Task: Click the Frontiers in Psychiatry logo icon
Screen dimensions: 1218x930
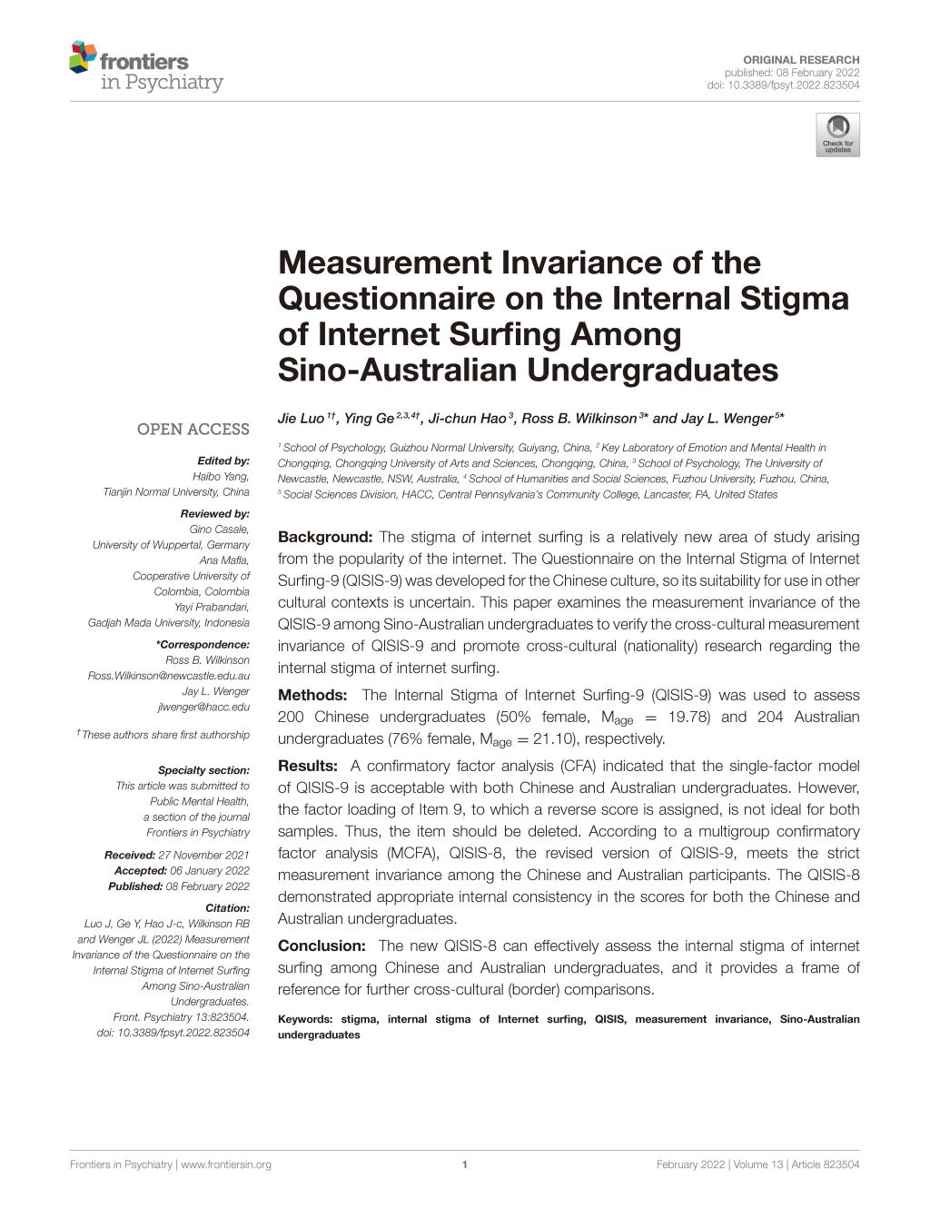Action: pos(83,57)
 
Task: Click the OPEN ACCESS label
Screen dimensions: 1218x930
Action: pos(193,429)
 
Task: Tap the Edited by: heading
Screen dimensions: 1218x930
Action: pos(223,460)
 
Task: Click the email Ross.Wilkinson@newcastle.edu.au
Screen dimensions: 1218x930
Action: pos(168,676)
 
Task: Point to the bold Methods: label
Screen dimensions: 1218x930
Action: pos(313,696)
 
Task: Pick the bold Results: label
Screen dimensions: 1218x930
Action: pos(308,767)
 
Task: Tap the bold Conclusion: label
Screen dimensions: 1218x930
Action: pos(322,946)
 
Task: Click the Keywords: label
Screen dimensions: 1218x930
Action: pos(304,1019)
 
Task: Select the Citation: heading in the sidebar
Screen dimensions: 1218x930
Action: pos(227,907)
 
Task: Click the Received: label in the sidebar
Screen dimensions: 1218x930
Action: pos(129,855)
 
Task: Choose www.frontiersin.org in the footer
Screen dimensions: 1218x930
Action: pos(226,1164)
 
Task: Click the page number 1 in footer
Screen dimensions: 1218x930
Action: pos(465,1164)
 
